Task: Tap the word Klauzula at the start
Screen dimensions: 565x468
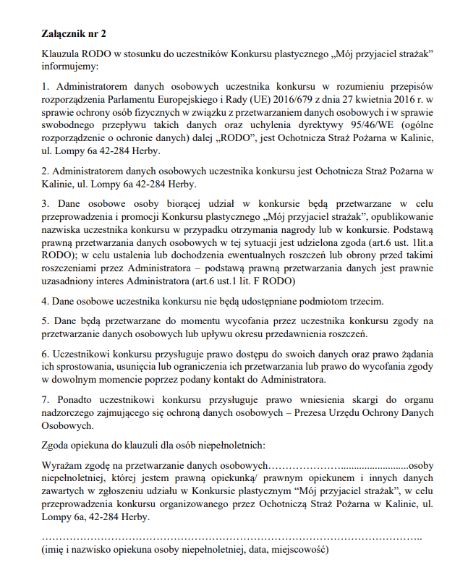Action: pyautogui.click(x=61, y=55)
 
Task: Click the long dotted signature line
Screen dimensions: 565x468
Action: pyautogui.click(x=231, y=538)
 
